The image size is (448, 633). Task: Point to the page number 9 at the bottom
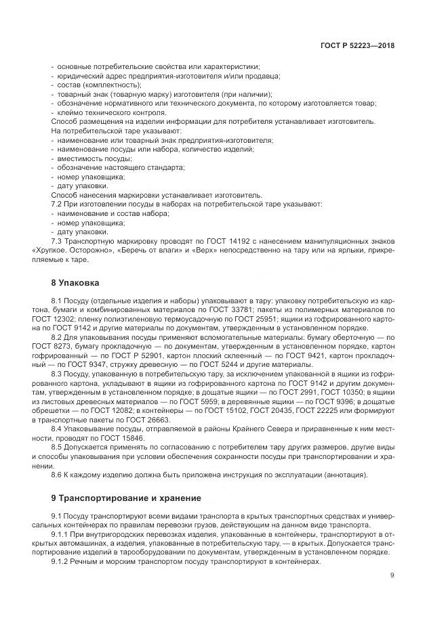coord(392,575)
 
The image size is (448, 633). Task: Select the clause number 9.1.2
coord(62,561)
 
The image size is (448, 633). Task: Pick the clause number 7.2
coord(58,204)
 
